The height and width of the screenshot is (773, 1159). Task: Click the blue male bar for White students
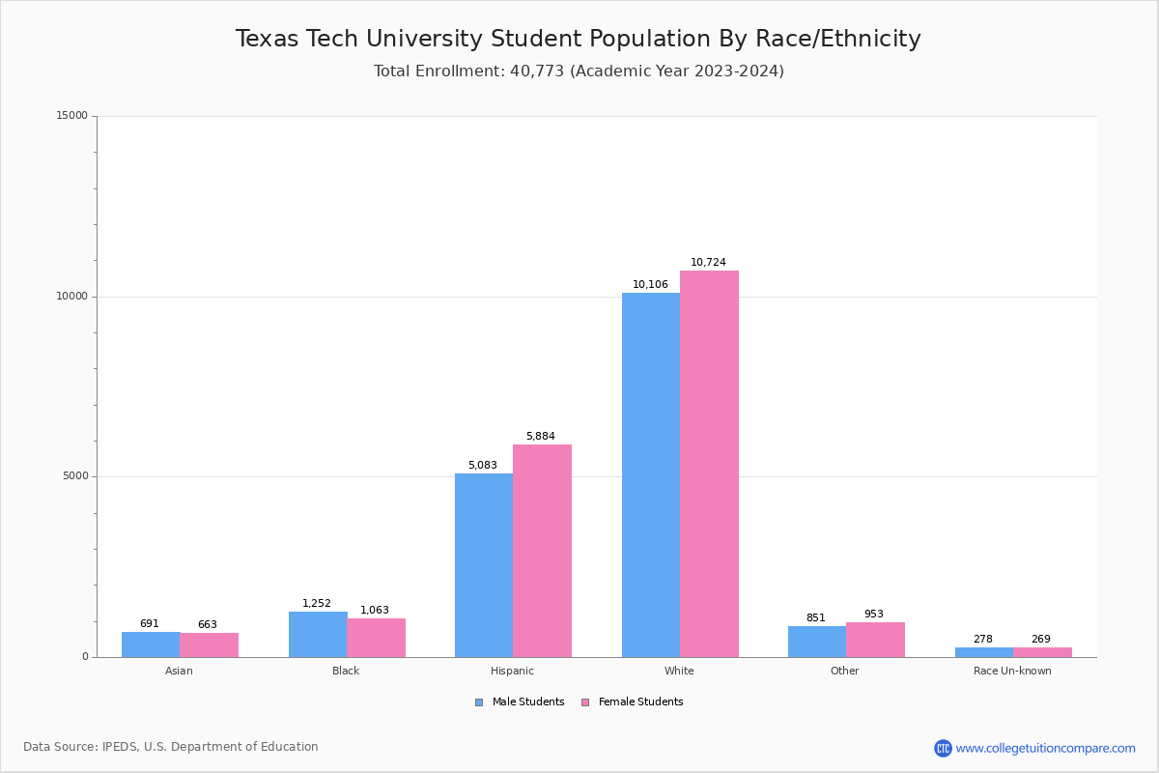pos(651,474)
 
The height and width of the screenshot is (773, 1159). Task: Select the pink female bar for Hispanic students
pos(542,551)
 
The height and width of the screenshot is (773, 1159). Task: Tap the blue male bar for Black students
pos(318,634)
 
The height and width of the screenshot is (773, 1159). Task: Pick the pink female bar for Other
pos(875,640)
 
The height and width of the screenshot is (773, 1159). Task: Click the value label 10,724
pos(708,263)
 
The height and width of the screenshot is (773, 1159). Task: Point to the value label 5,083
pos(483,466)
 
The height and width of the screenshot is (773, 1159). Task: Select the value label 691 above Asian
pos(150,624)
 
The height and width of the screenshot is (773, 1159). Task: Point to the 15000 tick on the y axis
pos(71,116)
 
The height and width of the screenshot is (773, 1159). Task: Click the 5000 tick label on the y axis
pos(74,476)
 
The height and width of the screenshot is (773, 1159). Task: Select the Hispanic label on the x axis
pos(512,671)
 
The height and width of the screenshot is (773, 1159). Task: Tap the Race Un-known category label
pos(1012,671)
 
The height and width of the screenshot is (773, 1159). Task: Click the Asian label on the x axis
pos(179,671)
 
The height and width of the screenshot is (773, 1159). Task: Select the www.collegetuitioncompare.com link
pos(1045,748)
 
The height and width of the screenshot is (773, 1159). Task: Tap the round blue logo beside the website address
pos(943,748)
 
